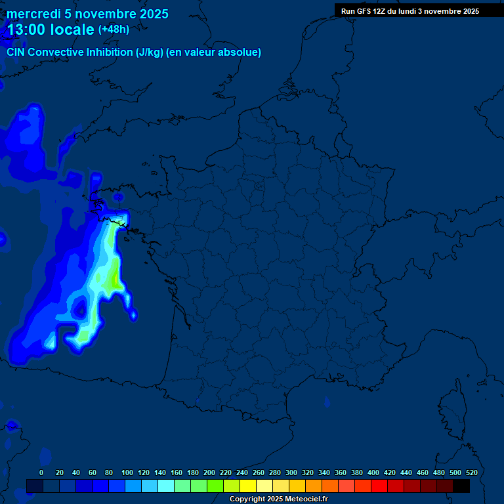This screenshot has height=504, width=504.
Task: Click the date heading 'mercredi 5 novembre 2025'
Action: coord(87,14)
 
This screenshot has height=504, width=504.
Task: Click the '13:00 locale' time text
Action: coord(50,30)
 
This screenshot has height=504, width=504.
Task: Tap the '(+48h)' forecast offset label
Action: coord(114,30)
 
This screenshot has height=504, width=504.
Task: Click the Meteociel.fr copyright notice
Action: coord(278,499)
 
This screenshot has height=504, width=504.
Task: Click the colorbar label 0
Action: coord(41,472)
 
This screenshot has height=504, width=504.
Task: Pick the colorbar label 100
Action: coord(127,472)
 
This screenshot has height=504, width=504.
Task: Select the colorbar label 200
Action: coord(209,472)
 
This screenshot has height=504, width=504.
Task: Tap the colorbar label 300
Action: coord(291,472)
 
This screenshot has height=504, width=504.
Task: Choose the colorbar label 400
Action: coord(373,472)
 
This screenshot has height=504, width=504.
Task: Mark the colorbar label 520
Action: coord(471,472)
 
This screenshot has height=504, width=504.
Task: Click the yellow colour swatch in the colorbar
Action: coord(248,486)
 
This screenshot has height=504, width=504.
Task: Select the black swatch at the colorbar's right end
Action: coord(461,486)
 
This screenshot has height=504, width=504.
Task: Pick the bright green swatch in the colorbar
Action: coord(215,486)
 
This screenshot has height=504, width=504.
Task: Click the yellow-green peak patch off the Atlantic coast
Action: coord(115,276)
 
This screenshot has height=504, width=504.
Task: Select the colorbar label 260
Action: coord(259,472)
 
